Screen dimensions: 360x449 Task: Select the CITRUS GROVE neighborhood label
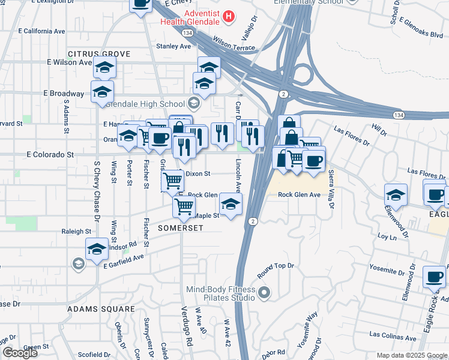click(x=99, y=54)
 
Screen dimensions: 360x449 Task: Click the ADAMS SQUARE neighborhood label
click(x=101, y=309)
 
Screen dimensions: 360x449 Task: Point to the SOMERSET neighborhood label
click(x=180, y=228)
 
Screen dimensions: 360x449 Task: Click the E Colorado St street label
click(x=50, y=154)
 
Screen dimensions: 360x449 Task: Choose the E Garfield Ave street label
click(x=124, y=261)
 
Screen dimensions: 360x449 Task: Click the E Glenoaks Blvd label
click(x=424, y=35)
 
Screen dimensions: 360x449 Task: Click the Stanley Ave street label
click(x=173, y=46)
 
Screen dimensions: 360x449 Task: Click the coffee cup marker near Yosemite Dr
click(x=434, y=277)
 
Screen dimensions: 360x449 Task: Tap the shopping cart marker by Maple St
click(x=184, y=206)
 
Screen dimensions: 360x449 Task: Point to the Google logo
click(x=20, y=353)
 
